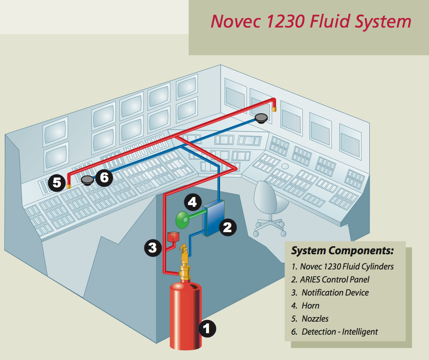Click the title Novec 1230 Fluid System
click(x=311, y=21)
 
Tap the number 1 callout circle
click(x=207, y=329)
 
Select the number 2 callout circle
click(x=227, y=227)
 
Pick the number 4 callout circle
click(x=192, y=202)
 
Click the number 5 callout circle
click(x=57, y=182)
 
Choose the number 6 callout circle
click(x=104, y=177)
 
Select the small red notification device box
click(x=173, y=237)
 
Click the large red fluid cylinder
click(x=186, y=315)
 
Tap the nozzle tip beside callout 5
click(x=68, y=186)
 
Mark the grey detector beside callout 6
click(x=88, y=180)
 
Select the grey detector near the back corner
click(x=261, y=118)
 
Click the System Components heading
click(x=342, y=251)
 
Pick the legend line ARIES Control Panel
click(x=335, y=279)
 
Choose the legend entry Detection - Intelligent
click(x=339, y=331)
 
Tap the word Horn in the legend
click(x=310, y=305)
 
